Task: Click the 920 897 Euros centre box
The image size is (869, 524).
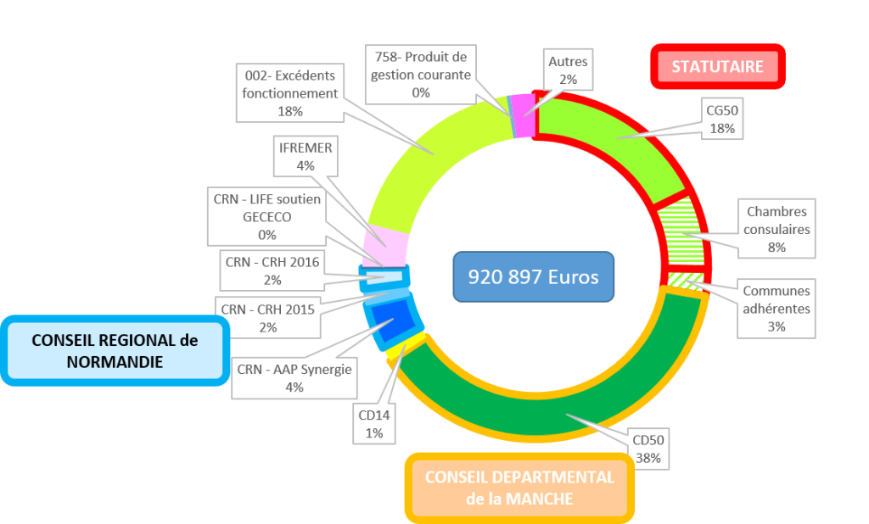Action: tap(533, 276)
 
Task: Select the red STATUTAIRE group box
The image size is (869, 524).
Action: tap(717, 66)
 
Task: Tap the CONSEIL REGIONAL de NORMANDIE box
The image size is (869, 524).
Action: tap(115, 350)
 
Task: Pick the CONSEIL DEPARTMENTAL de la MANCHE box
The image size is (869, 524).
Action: tap(519, 488)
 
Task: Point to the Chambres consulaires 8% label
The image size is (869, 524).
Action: tap(776, 229)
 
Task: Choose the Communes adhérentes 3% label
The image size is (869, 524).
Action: tap(776, 308)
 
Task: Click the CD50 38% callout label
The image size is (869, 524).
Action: tap(648, 449)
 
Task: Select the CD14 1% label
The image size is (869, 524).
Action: tap(374, 424)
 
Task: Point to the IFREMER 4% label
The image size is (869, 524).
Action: tap(306, 157)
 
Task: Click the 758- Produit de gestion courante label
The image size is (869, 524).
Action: tap(421, 75)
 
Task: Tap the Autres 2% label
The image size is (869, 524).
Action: tap(568, 70)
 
